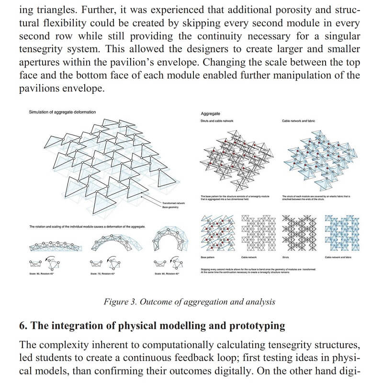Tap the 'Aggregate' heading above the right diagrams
(x=210, y=113)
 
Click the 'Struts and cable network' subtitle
(x=217, y=121)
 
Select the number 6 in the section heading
(x=22, y=326)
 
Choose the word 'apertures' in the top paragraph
(x=41, y=63)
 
